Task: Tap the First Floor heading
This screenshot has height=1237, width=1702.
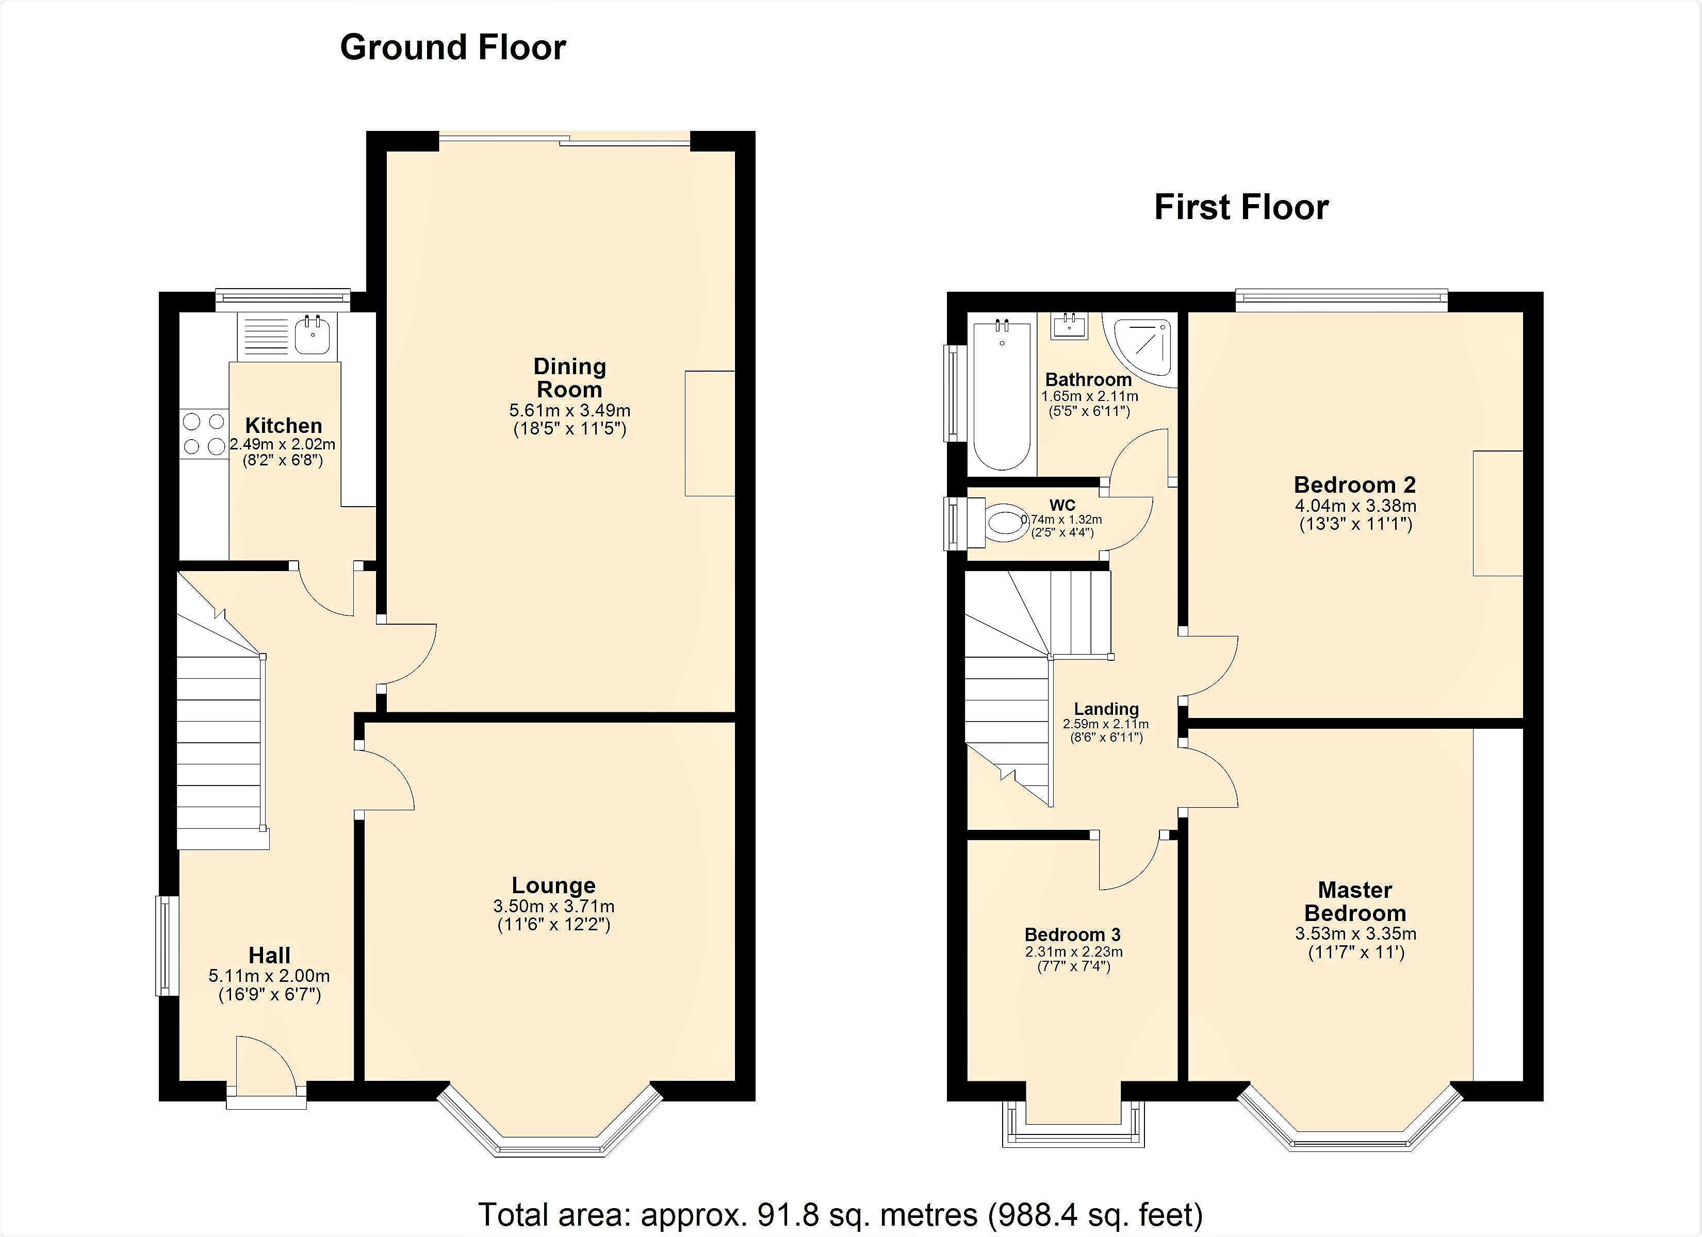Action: [1241, 208]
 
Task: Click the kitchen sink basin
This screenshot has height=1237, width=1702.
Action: [312, 335]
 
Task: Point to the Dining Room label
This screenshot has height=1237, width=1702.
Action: [569, 378]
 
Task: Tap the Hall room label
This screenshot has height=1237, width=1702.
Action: [269, 955]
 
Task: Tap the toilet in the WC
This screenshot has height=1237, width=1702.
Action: [1005, 522]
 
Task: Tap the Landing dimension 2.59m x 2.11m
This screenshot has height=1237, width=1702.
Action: [1105, 725]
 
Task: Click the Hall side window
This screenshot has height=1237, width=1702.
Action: [166, 945]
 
